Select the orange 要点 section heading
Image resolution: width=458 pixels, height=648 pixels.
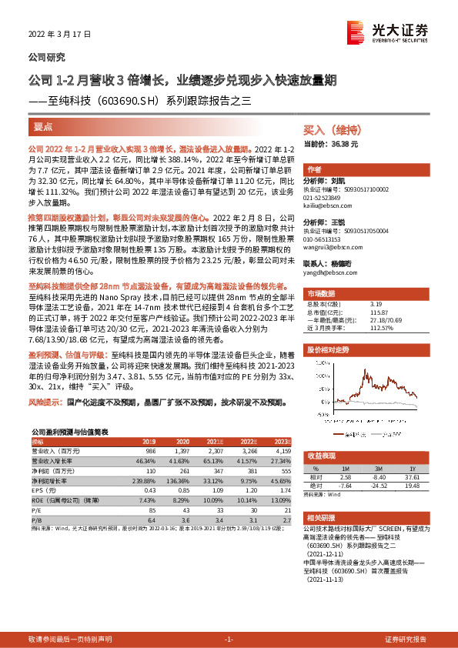44,125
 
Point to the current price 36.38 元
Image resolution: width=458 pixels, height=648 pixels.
343,144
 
